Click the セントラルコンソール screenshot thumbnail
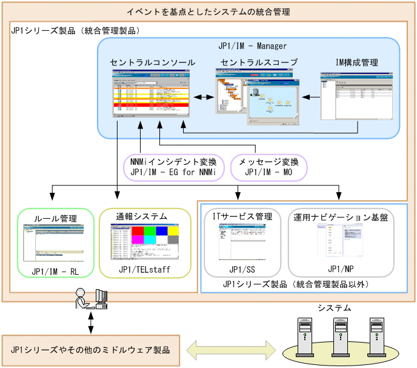coord(152,93)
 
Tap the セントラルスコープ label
coord(259,62)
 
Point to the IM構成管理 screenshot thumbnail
coord(357,95)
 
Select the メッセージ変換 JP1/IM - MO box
coord(268,167)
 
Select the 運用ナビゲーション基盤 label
coord(340,216)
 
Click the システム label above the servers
coord(334,308)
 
